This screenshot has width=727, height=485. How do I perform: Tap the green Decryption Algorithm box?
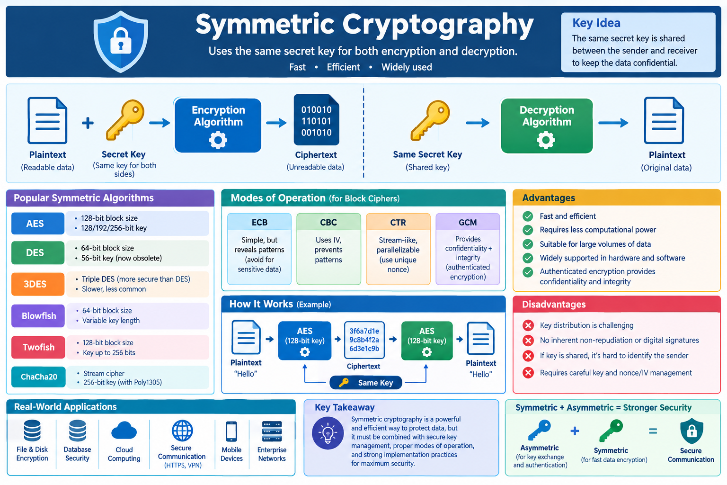[547, 126]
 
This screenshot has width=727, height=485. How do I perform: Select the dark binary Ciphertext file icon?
[316, 120]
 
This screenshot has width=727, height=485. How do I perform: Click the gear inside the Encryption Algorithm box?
[218, 140]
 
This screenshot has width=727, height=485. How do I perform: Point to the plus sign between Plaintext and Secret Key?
[88, 123]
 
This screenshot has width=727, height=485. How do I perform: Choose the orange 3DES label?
[38, 284]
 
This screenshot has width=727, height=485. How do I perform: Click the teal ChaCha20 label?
[38, 377]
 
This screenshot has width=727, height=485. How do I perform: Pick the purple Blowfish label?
[38, 316]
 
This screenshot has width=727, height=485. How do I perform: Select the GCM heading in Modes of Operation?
[467, 223]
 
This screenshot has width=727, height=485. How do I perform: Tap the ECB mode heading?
[259, 222]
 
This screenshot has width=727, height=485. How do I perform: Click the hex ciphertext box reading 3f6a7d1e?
[364, 340]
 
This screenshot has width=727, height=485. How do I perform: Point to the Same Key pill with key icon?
[366, 383]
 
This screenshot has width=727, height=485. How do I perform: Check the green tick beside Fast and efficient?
[528, 216]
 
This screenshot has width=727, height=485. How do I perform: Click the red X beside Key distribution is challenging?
[528, 325]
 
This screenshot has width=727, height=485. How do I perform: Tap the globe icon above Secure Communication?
[182, 431]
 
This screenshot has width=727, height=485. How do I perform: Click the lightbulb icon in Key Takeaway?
[328, 433]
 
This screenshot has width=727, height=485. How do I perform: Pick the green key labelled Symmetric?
[611, 431]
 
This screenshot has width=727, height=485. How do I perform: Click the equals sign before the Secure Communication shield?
[653, 431]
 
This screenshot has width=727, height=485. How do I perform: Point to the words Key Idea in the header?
[596, 23]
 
